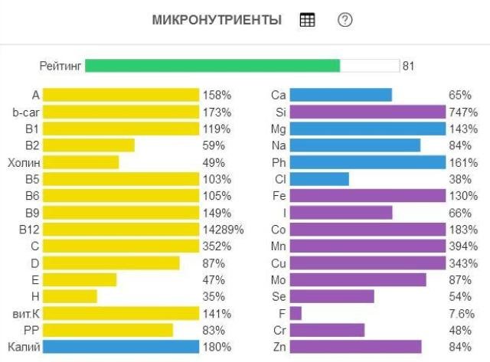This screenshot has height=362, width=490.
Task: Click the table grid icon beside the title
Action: pos(307,21)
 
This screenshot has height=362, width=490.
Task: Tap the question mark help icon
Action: pos(345,21)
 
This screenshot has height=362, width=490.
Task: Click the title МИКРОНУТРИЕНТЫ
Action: pos(217,21)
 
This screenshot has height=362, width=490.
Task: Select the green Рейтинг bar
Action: pos(212,66)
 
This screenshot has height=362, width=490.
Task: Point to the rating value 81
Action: pos(408,66)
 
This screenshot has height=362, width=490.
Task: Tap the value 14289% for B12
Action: pos(224,230)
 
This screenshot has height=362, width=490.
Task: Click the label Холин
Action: pos(24,162)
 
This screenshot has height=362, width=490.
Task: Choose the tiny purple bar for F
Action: pos(296,313)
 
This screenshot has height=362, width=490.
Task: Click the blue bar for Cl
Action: pos(319,179)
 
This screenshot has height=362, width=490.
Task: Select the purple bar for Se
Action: pos(332,296)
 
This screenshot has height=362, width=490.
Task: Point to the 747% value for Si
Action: pos(463,112)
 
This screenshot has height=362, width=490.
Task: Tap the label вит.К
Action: pos(25,313)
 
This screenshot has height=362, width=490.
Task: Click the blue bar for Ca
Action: pos(341,95)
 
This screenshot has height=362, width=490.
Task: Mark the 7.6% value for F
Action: pos(463,313)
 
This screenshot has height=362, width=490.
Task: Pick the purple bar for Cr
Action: pos(327,330)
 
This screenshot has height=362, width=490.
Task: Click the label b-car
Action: pos(25,112)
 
